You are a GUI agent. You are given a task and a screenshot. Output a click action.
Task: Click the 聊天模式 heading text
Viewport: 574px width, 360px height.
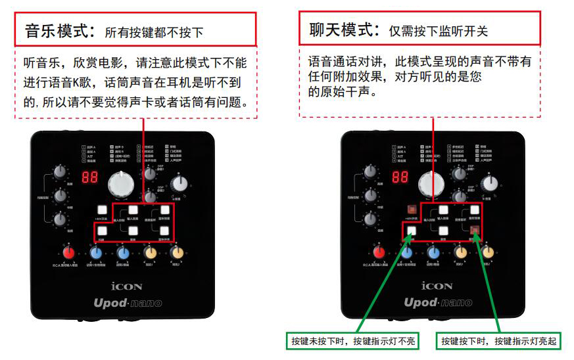[x=341, y=30]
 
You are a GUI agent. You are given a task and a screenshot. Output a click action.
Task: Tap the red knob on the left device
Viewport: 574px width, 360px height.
[x=68, y=254]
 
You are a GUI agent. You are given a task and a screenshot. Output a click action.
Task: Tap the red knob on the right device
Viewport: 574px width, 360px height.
[x=379, y=252]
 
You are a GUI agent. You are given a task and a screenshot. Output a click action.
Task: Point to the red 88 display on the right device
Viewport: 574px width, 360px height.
[x=400, y=177]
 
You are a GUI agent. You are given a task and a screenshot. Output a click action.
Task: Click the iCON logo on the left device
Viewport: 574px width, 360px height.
[x=126, y=286]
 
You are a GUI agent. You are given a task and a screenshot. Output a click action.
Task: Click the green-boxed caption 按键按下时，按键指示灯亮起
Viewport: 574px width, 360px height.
[x=499, y=342]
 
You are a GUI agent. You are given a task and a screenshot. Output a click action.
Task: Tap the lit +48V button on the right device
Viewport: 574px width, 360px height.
[x=411, y=210]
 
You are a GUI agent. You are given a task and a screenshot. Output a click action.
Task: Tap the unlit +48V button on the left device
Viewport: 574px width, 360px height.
[x=101, y=210]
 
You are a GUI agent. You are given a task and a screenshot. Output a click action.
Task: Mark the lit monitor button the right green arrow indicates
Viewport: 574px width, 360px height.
[x=475, y=230]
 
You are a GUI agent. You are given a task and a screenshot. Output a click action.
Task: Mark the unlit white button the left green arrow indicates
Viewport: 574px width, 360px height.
[x=411, y=231]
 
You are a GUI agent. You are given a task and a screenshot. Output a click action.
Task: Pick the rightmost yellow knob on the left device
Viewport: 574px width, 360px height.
[x=176, y=253]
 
